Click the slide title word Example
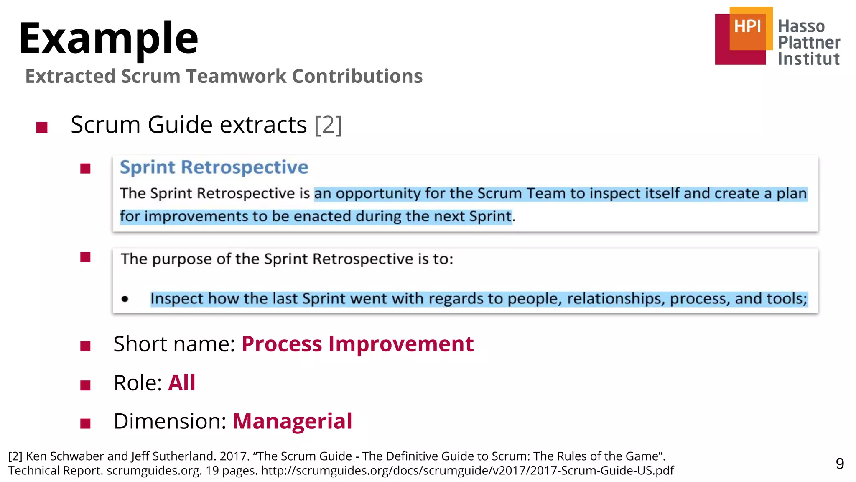pyautogui.click(x=109, y=38)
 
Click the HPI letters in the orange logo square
pyautogui.click(x=748, y=26)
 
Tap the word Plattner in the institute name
pyautogui.click(x=809, y=42)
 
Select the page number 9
pyautogui.click(x=840, y=464)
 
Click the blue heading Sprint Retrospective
pyautogui.click(x=214, y=167)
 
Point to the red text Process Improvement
pyautogui.click(x=357, y=344)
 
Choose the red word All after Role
pyautogui.click(x=181, y=382)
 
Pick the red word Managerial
pyautogui.click(x=292, y=421)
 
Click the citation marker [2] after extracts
pyautogui.click(x=328, y=125)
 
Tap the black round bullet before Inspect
pyautogui.click(x=125, y=299)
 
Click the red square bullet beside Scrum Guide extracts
pyautogui.click(x=42, y=127)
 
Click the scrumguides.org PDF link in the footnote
pyautogui.click(x=467, y=471)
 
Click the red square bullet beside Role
pyautogui.click(x=85, y=385)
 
